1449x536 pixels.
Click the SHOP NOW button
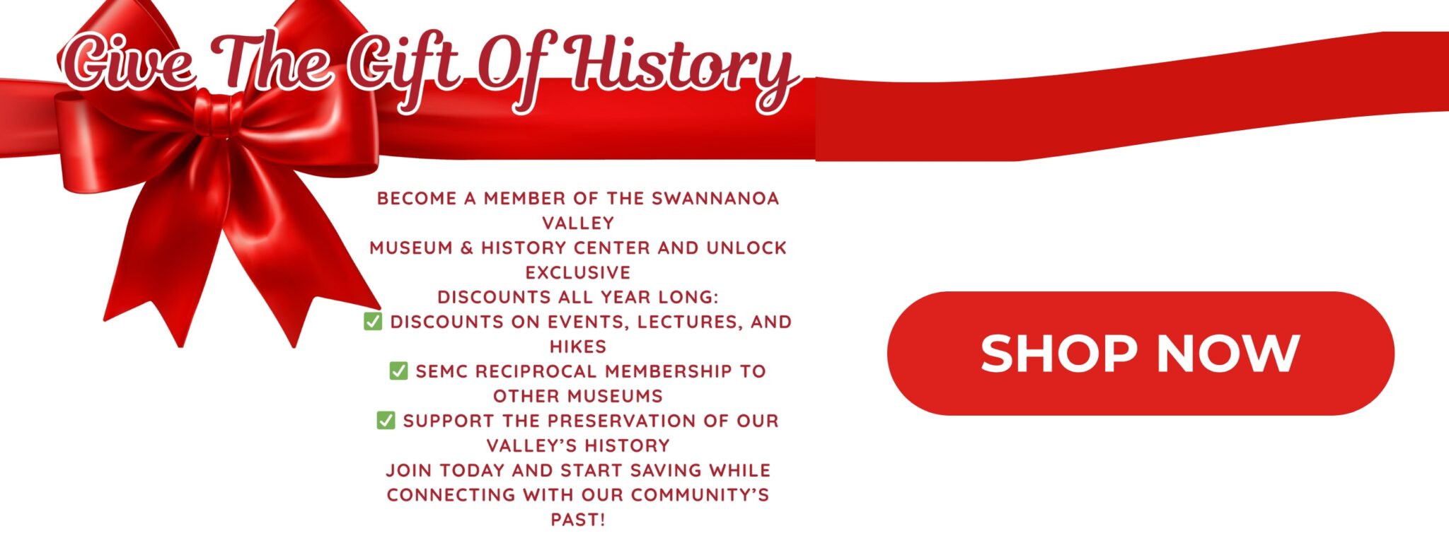1141,353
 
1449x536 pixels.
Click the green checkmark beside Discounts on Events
373,321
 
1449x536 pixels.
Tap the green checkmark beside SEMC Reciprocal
398,371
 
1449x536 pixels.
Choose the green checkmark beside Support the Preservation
386,420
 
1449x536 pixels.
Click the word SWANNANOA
715,199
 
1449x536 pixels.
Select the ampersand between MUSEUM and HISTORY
466,248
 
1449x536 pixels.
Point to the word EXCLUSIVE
578,273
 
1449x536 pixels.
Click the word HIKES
578,347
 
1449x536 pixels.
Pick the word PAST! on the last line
578,520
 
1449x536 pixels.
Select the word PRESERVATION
622,421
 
